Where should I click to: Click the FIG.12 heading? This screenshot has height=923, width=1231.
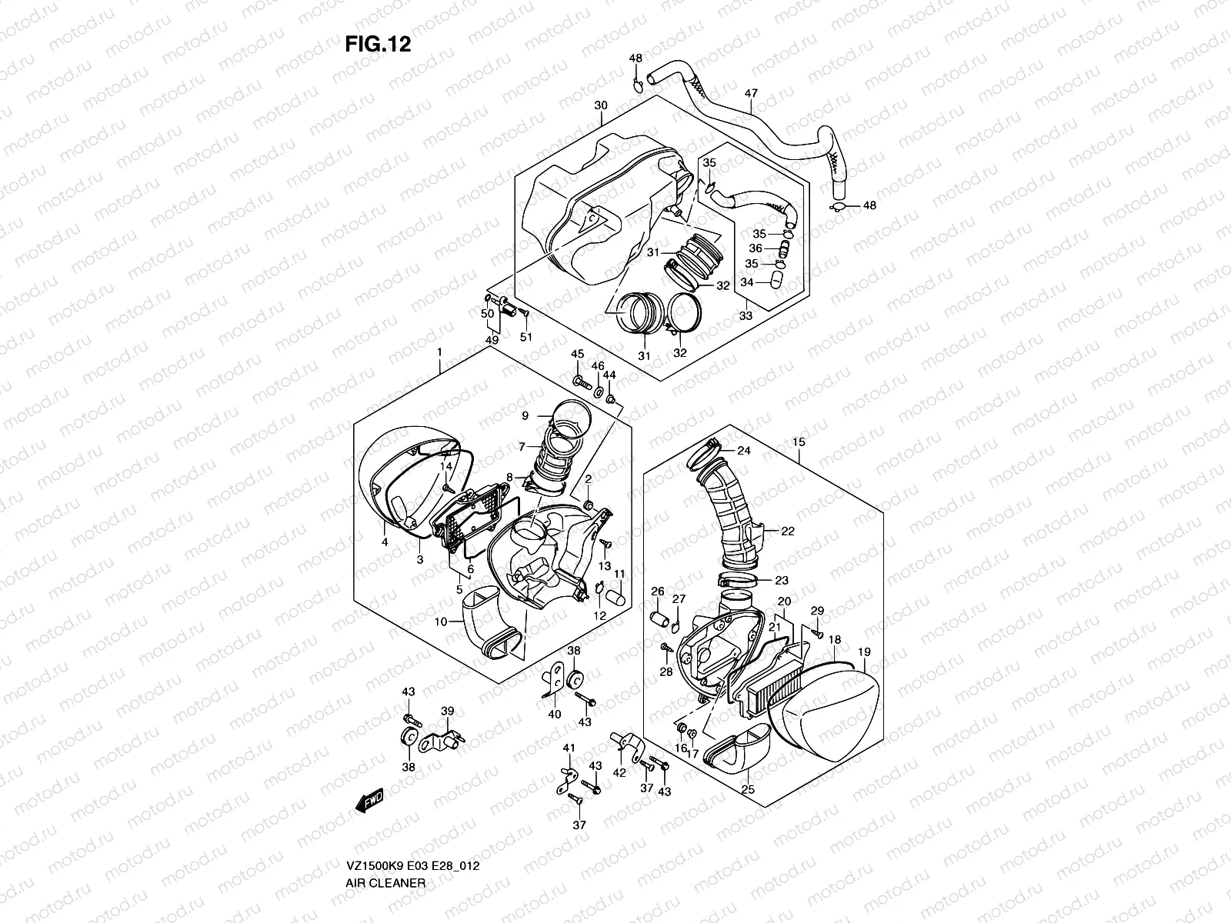[x=377, y=45]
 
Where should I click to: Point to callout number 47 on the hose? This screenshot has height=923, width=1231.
[x=751, y=94]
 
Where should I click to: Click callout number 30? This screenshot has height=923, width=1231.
[x=601, y=105]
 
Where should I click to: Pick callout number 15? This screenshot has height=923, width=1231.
[x=799, y=442]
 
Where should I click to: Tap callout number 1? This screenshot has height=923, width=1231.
[x=439, y=352]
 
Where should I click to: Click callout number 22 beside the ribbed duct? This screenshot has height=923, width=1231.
[x=788, y=531]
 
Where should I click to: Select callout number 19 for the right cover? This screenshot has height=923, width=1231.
[x=864, y=651]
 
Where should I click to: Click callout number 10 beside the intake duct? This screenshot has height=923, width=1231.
[x=440, y=623]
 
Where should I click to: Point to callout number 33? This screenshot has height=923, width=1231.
[x=746, y=316]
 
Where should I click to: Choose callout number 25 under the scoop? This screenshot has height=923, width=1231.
[x=746, y=790]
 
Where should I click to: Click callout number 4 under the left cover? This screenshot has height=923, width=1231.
[x=384, y=542]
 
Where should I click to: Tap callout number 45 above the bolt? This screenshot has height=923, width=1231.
[x=577, y=353]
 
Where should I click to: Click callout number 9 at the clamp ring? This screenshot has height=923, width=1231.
[x=525, y=415]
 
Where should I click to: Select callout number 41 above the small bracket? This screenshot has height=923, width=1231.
[x=569, y=748]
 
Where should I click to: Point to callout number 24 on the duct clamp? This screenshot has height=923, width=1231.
[x=744, y=450]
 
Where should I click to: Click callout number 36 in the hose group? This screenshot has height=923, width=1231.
[x=755, y=248]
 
